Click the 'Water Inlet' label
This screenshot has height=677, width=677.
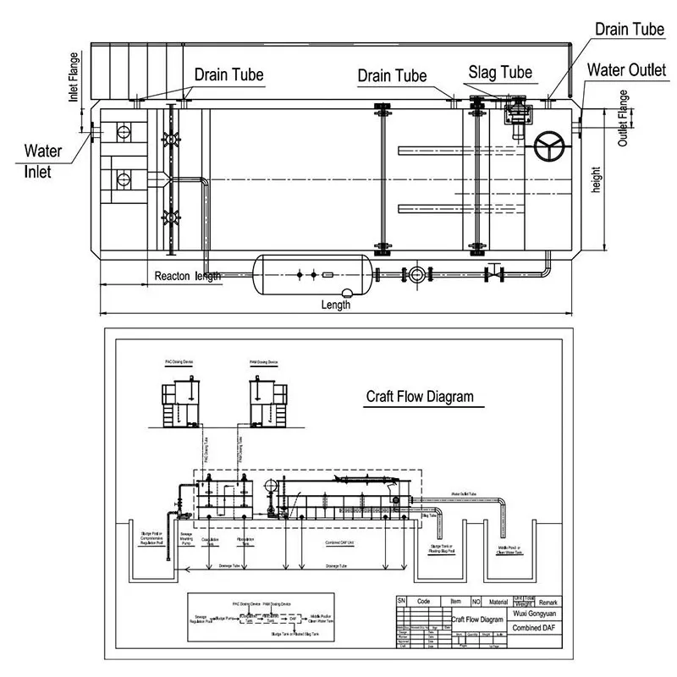42,161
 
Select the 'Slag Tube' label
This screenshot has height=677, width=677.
500,72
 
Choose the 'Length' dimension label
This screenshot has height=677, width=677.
336,305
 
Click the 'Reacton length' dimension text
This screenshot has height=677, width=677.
187,276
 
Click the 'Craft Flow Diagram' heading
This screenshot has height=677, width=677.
419,396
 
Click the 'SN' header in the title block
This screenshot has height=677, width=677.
402,601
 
